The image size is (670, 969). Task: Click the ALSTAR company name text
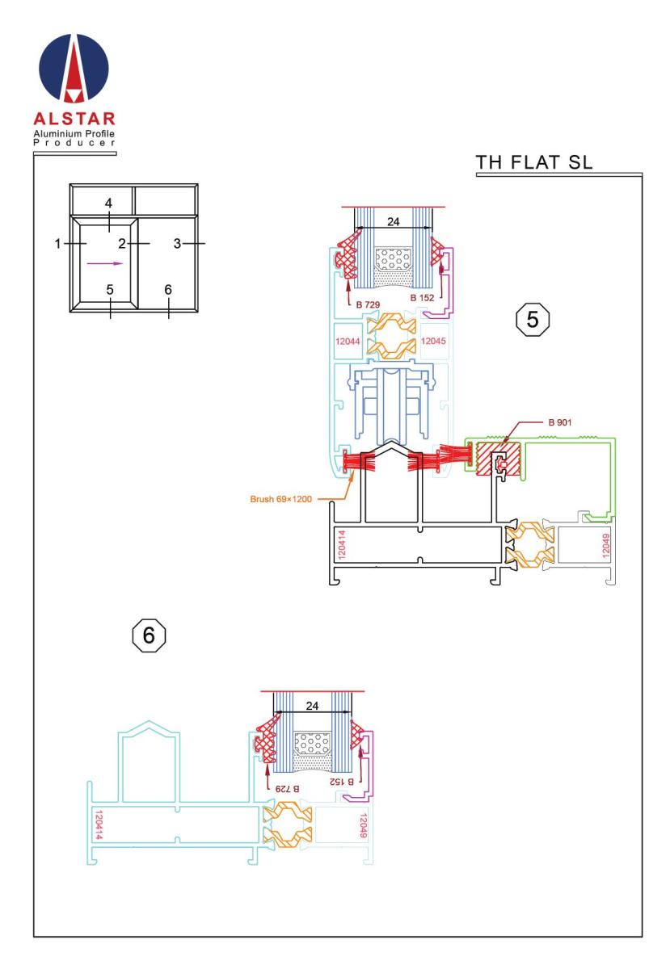click(x=74, y=119)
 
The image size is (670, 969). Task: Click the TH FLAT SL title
click(x=533, y=162)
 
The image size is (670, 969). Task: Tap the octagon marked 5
click(x=533, y=319)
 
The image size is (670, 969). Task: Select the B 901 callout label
click(x=559, y=422)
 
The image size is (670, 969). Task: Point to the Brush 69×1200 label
click(x=280, y=499)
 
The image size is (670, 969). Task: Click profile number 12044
click(x=348, y=342)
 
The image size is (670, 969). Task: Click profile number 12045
click(x=433, y=341)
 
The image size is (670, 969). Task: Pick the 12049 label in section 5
click(x=605, y=544)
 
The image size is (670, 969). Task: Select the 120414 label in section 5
click(x=341, y=544)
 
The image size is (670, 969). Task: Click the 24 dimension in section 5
click(x=393, y=221)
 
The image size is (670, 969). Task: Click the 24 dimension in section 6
click(x=312, y=706)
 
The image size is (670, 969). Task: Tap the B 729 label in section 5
click(x=368, y=304)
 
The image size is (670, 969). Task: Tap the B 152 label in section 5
click(x=422, y=298)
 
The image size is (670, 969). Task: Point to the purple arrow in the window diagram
click(x=105, y=263)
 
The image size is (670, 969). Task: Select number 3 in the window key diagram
click(x=177, y=244)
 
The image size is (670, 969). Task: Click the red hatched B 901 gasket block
click(x=498, y=459)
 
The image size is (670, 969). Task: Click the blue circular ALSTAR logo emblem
click(x=74, y=68)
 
